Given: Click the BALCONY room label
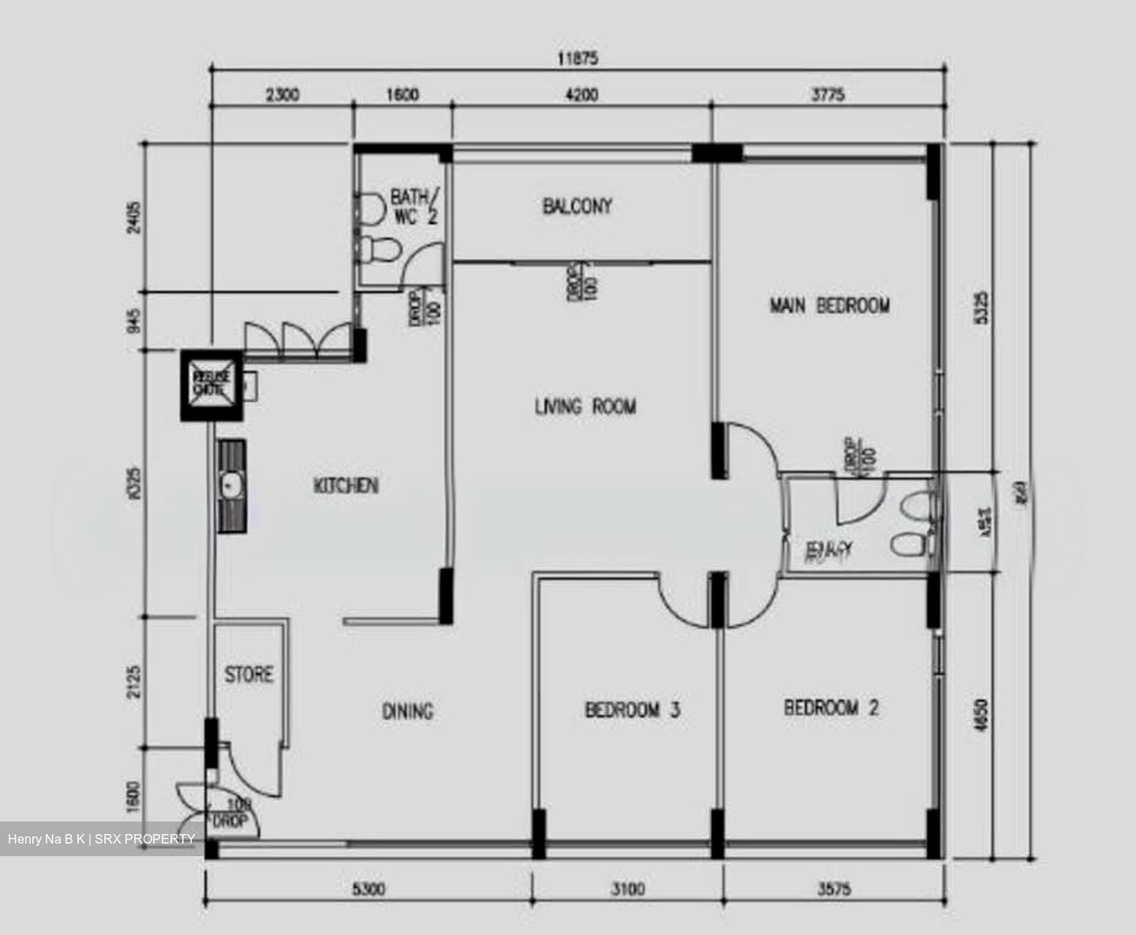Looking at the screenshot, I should [577, 207].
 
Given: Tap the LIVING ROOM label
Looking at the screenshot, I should [585, 407].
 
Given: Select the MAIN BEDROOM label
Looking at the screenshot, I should [829, 305].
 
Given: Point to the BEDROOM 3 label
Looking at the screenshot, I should [632, 710].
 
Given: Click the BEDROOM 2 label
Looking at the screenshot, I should [831, 707].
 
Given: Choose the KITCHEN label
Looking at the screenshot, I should [346, 485].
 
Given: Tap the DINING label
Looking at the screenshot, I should [408, 711].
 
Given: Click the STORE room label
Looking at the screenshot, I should [248, 675].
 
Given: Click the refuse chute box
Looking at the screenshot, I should [211, 386].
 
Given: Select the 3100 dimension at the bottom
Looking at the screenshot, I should [627, 889].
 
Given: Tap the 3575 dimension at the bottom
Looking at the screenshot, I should [834, 889].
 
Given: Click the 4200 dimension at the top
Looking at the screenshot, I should [581, 95].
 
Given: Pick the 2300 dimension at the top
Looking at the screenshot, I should [282, 95].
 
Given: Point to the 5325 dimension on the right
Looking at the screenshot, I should [981, 307].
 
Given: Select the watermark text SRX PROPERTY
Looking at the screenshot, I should [144, 839].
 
